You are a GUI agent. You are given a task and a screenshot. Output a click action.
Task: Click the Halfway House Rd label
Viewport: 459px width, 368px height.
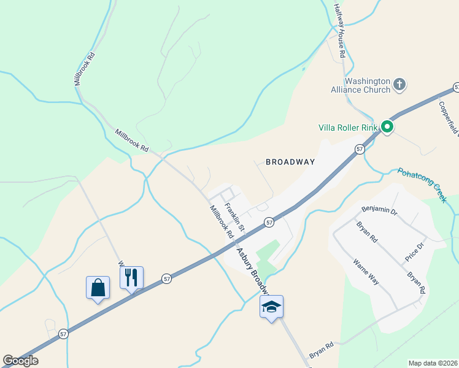[340, 31]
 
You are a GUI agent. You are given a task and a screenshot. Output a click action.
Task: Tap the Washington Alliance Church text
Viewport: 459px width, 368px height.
[368, 85]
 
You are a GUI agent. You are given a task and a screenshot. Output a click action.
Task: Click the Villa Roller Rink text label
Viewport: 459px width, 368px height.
[347, 128]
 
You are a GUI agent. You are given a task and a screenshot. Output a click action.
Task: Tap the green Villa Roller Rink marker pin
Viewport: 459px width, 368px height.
[387, 127]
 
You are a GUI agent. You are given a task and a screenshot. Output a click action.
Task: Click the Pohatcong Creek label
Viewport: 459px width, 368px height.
[421, 185]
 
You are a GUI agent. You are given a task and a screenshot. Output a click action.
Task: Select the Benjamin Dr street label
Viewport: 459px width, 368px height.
[380, 212]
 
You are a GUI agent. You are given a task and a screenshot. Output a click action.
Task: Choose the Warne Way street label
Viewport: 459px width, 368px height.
[366, 272]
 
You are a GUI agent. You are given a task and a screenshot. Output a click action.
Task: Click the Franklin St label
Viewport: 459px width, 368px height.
[234, 217]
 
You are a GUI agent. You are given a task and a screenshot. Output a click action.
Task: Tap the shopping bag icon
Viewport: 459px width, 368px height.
[98, 287]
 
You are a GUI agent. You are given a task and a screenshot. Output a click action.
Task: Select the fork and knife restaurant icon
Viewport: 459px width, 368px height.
[131, 277]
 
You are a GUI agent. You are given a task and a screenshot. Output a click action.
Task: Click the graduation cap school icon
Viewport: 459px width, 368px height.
[271, 306]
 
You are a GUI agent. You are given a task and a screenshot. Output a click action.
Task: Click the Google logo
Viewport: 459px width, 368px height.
[20, 361]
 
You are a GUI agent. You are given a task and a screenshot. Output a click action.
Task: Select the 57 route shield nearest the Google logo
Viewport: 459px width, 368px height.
[64, 334]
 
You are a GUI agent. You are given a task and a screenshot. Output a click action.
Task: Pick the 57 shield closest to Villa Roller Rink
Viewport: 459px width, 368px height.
[360, 148]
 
